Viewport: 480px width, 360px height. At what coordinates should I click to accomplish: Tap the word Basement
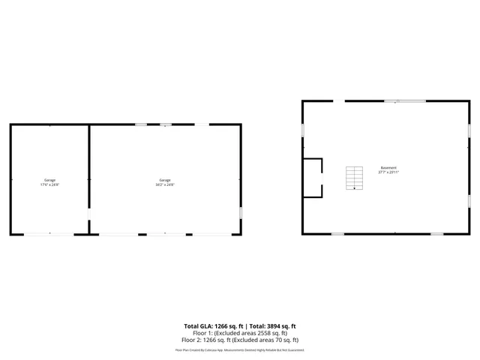[x=388, y=167]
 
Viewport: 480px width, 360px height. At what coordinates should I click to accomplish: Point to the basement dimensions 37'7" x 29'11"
[x=388, y=172]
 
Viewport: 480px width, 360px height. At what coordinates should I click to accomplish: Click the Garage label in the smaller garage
[x=49, y=180]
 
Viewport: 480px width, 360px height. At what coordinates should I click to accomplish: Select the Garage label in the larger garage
[x=165, y=180]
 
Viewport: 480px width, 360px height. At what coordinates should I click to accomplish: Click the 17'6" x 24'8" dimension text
[x=49, y=184]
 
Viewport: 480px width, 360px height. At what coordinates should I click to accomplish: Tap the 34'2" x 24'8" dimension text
[x=165, y=184]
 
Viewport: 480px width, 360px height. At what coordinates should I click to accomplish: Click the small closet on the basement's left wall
[x=312, y=177]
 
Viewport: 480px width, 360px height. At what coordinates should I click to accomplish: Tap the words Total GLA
[x=199, y=326]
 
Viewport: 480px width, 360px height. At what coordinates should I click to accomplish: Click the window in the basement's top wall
[x=405, y=100]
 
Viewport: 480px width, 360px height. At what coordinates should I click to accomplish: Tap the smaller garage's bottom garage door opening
[x=49, y=235]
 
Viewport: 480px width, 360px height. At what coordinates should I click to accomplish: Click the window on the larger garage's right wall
[x=241, y=211]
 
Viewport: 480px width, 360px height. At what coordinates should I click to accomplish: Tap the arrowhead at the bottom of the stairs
[x=353, y=189]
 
